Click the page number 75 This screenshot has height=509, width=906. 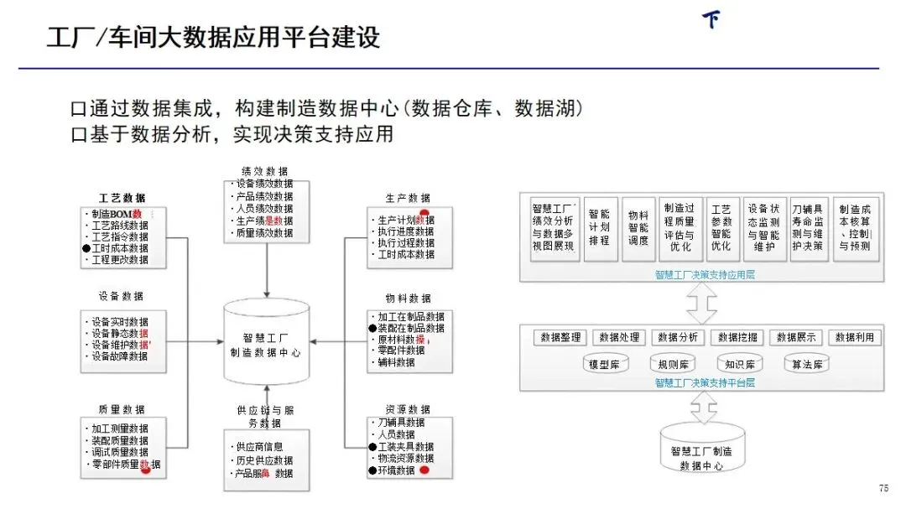[x=883, y=488]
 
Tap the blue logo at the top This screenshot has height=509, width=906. [x=712, y=19]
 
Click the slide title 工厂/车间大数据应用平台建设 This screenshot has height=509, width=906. [x=213, y=38]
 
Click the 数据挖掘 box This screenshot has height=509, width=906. [x=737, y=337]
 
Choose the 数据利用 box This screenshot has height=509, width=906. [x=855, y=337]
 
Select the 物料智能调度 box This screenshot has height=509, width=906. [x=638, y=226]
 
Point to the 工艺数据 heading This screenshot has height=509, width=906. [x=122, y=198]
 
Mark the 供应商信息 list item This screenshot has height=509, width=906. [x=259, y=447]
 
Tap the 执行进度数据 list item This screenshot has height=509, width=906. [x=406, y=231]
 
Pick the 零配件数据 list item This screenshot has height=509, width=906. [x=401, y=351]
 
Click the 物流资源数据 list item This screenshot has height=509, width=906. [x=406, y=459]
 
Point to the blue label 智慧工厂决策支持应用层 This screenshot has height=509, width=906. [x=705, y=274]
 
